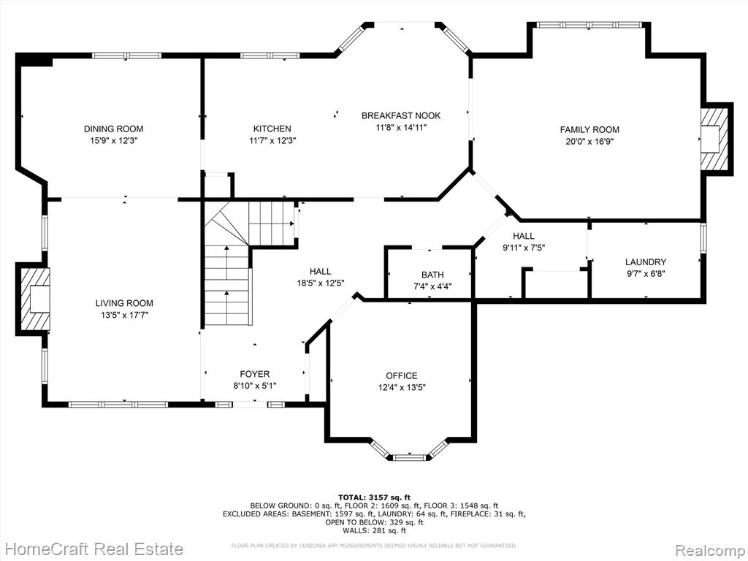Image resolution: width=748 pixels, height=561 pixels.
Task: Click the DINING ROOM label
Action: (x=113, y=129)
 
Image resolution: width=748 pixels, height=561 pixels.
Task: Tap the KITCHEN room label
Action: (x=272, y=129)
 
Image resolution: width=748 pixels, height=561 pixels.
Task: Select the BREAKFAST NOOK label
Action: (x=401, y=115)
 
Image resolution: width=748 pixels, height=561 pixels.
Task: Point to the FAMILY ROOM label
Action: (x=589, y=129)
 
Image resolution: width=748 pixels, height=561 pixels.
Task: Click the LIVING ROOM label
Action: (x=124, y=303)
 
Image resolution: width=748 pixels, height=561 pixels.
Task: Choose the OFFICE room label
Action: (x=402, y=376)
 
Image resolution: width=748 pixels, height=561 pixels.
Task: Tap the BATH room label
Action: (x=432, y=275)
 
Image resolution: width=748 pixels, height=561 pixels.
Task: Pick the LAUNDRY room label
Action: (x=646, y=262)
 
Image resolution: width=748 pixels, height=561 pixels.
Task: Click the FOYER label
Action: (x=254, y=374)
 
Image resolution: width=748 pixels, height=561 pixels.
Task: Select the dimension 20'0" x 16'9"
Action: (x=589, y=142)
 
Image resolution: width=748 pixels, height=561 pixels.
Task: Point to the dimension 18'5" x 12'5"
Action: (x=320, y=283)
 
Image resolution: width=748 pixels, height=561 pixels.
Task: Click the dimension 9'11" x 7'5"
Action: (x=523, y=248)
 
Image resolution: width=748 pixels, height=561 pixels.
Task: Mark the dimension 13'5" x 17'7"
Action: (x=124, y=315)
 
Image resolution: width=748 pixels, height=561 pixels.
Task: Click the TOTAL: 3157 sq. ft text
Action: (x=374, y=497)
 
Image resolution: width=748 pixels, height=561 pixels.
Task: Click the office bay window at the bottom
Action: (x=410, y=457)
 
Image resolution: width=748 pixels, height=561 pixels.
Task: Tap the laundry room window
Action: (x=703, y=237)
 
